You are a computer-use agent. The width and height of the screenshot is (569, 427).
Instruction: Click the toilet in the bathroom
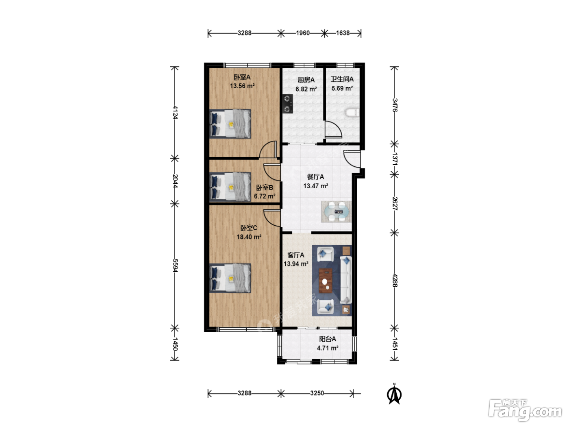coord(352,113)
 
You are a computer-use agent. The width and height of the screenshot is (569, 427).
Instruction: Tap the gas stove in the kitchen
coord(288,104)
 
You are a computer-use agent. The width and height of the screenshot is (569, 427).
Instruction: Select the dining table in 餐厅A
coord(337,211)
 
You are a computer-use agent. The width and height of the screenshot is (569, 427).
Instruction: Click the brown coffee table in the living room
coord(326,281)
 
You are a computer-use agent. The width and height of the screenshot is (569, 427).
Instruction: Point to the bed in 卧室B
coord(230,187)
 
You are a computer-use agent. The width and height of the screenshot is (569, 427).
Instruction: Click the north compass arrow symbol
coord(394,395)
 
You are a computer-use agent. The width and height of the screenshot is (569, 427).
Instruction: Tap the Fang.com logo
coord(525,410)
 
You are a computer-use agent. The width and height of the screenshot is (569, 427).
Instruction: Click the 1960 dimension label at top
coord(303,33)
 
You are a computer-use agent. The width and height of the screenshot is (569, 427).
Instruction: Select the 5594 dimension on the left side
coord(175,266)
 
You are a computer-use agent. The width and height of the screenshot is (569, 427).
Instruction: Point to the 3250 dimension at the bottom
coord(317,393)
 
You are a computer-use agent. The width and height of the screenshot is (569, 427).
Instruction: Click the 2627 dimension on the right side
coord(395,203)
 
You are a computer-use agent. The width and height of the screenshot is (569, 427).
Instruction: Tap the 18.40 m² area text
coord(249,237)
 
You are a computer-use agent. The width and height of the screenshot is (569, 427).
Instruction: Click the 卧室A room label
coord(242,77)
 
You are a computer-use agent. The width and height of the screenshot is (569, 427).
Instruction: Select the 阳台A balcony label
coord(328,339)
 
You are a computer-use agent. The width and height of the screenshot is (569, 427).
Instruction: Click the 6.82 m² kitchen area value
coord(306,89)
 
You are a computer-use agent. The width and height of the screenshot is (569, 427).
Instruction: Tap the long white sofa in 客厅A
coord(346,280)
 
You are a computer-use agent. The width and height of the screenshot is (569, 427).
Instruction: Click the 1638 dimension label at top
coord(343,33)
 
